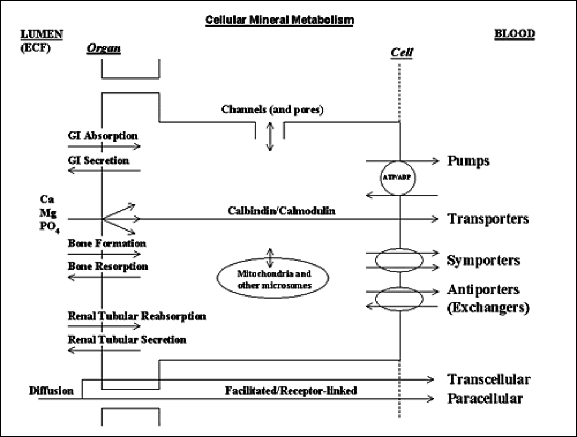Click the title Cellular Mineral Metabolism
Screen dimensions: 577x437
(x=279, y=20)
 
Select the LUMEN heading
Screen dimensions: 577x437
(x=42, y=34)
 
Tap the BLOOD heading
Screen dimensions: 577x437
(x=514, y=33)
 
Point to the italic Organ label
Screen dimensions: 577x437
(x=104, y=48)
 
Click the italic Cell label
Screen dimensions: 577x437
(x=401, y=52)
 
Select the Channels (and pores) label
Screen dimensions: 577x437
(x=272, y=110)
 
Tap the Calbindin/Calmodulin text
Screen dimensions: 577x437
(x=282, y=210)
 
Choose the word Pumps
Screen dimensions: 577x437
(x=468, y=161)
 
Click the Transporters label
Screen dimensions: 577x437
(x=488, y=219)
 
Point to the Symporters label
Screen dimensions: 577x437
(x=483, y=261)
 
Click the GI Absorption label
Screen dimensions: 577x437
(x=103, y=136)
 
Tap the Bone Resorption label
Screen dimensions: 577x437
(x=108, y=266)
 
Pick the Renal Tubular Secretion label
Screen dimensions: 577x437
(x=127, y=339)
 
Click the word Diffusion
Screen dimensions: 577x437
(x=51, y=390)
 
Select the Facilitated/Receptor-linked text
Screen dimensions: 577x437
(x=291, y=390)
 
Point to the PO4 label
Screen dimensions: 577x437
(x=50, y=227)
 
